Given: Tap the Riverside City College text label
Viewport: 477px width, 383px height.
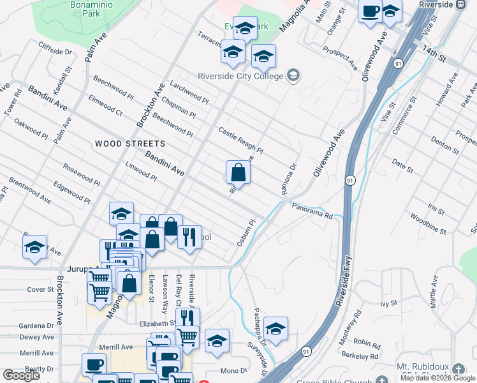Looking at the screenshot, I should tap(240, 77).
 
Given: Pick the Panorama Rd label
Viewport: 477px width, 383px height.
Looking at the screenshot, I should tap(313, 211).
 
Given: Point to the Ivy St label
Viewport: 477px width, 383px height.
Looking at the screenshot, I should tap(388, 304).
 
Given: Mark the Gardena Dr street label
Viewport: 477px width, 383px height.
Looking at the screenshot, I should tap(36, 326).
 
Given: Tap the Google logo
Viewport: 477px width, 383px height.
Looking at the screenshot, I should tap(21, 375).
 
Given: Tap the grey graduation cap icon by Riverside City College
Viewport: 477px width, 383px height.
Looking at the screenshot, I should tap(293, 76).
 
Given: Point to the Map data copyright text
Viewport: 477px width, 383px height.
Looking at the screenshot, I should tap(437, 378).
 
